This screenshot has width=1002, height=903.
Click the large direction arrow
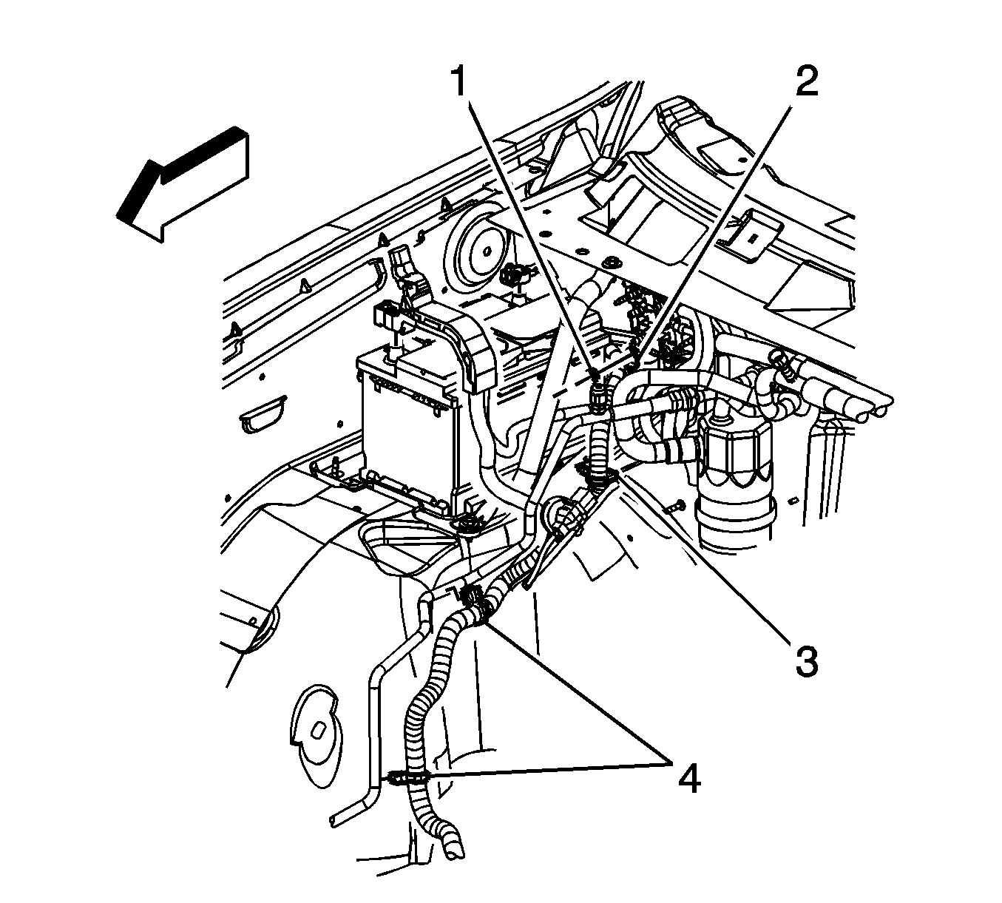183,184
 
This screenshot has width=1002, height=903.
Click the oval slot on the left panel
263,416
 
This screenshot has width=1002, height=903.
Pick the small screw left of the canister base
674,507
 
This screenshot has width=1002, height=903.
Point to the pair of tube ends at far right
876,404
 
